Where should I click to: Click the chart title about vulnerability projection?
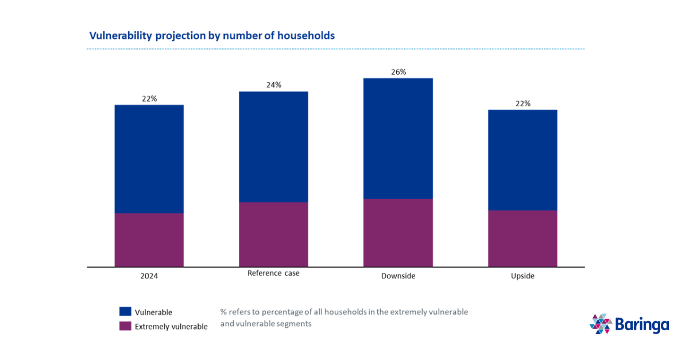click(x=212, y=36)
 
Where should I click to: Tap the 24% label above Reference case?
click(x=273, y=85)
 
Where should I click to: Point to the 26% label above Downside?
click(x=398, y=72)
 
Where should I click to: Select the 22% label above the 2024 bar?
click(x=149, y=99)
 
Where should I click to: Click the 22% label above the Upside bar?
click(x=522, y=103)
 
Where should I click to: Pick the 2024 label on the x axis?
click(x=149, y=276)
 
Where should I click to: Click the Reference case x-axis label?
click(x=273, y=273)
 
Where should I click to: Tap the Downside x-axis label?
click(x=398, y=276)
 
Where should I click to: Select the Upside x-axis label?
click(x=522, y=276)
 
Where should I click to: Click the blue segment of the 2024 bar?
click(x=149, y=159)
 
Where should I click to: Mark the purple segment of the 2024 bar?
click(x=149, y=240)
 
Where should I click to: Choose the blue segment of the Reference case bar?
click(x=273, y=147)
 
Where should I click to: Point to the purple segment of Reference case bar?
click(x=273, y=234)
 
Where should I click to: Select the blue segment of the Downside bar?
click(x=398, y=138)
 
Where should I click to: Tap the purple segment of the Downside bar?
click(x=398, y=233)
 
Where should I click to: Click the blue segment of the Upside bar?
click(x=522, y=160)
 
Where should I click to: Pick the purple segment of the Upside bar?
click(x=522, y=238)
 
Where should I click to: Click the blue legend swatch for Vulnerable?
click(x=125, y=312)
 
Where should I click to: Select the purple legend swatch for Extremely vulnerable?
click(x=125, y=326)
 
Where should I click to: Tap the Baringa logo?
click(x=629, y=324)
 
